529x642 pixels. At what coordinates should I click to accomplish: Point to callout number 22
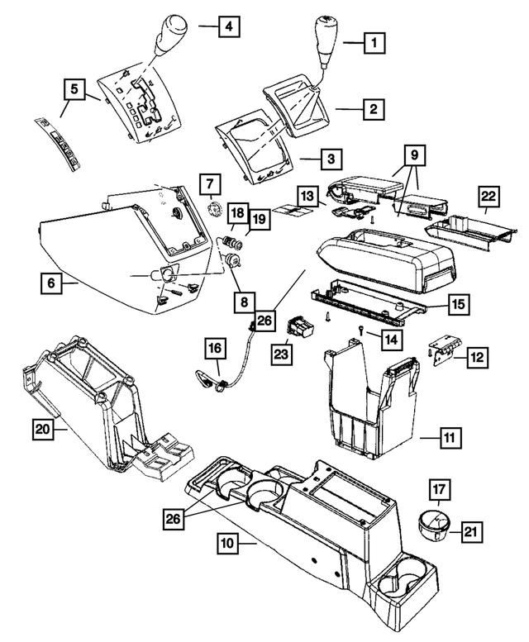[490, 197]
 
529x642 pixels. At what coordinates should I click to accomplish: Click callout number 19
[260, 219]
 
